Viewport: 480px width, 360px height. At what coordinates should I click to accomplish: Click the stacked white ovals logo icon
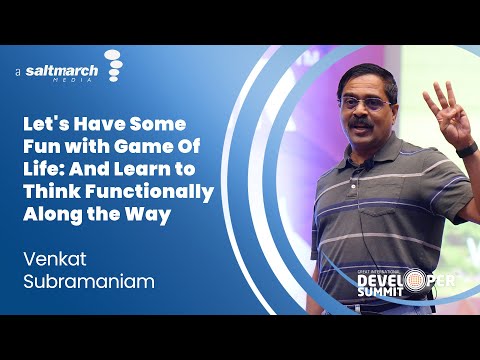(113, 65)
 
